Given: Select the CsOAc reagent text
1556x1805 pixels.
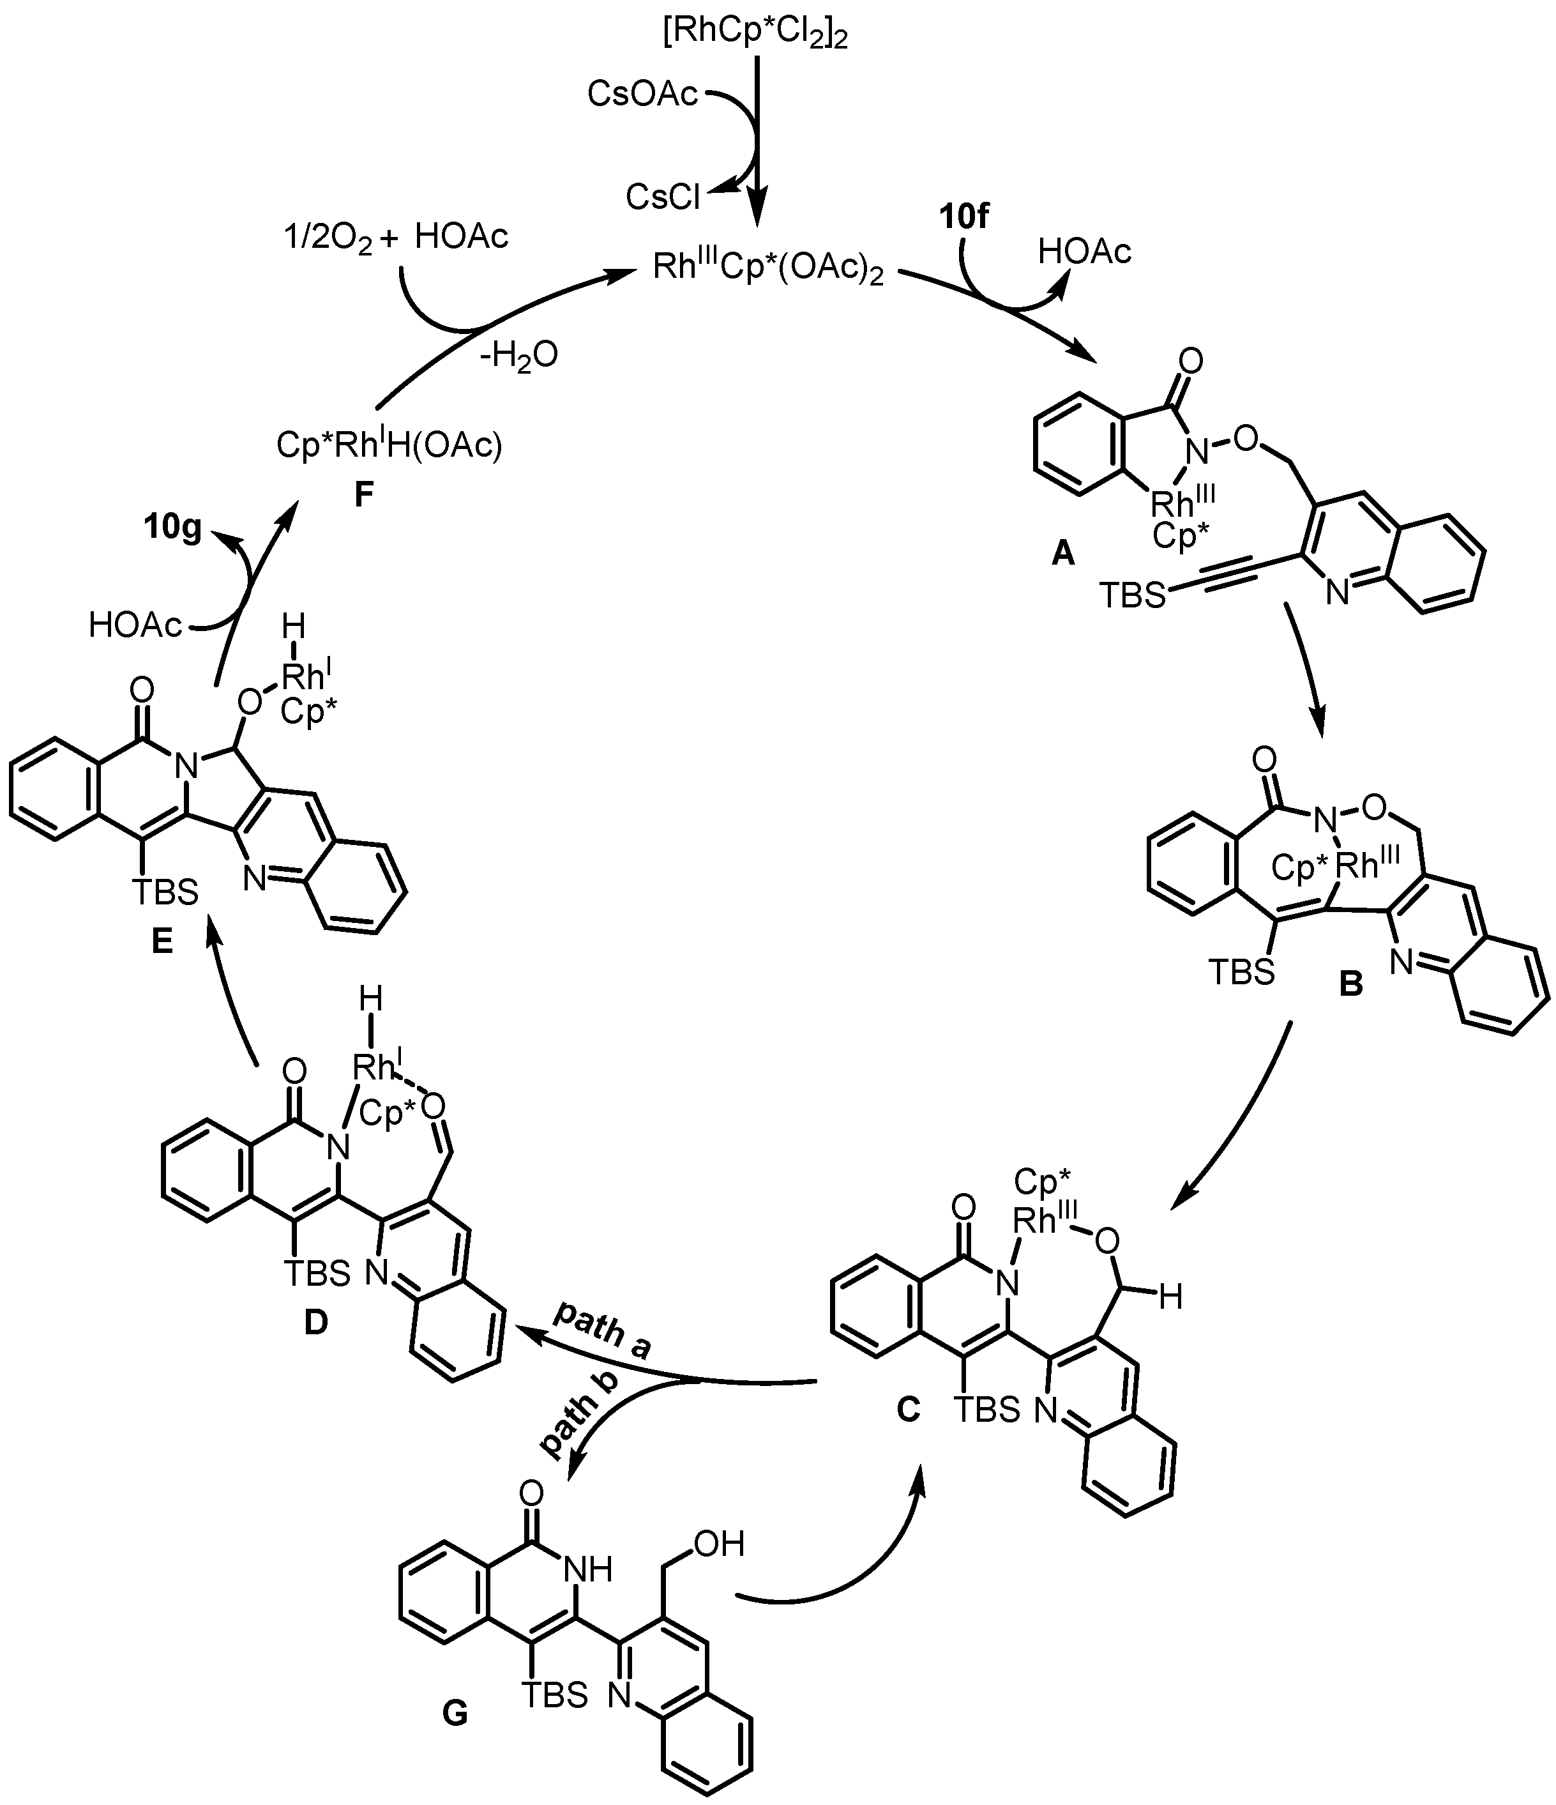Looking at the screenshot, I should click(642, 94).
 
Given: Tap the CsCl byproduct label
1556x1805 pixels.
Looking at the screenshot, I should click(663, 198).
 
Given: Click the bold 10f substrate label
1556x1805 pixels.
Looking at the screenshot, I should click(964, 216).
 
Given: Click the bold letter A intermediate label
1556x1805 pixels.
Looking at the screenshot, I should click(1063, 552).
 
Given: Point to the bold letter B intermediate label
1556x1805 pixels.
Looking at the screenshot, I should click(1350, 984).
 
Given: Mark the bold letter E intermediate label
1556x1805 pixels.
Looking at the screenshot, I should click(162, 941).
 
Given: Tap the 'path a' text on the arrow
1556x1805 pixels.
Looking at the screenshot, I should click(603, 1331).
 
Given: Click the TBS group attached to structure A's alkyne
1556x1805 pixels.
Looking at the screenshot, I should click(1132, 596).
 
